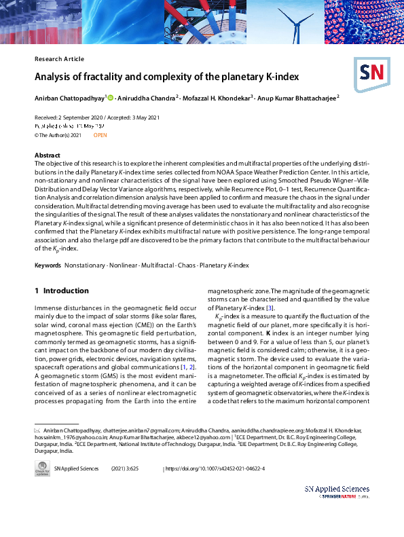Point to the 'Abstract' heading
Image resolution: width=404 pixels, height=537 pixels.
47,155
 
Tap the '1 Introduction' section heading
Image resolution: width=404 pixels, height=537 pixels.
62,291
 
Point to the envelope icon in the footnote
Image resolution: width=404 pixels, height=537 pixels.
37,430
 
